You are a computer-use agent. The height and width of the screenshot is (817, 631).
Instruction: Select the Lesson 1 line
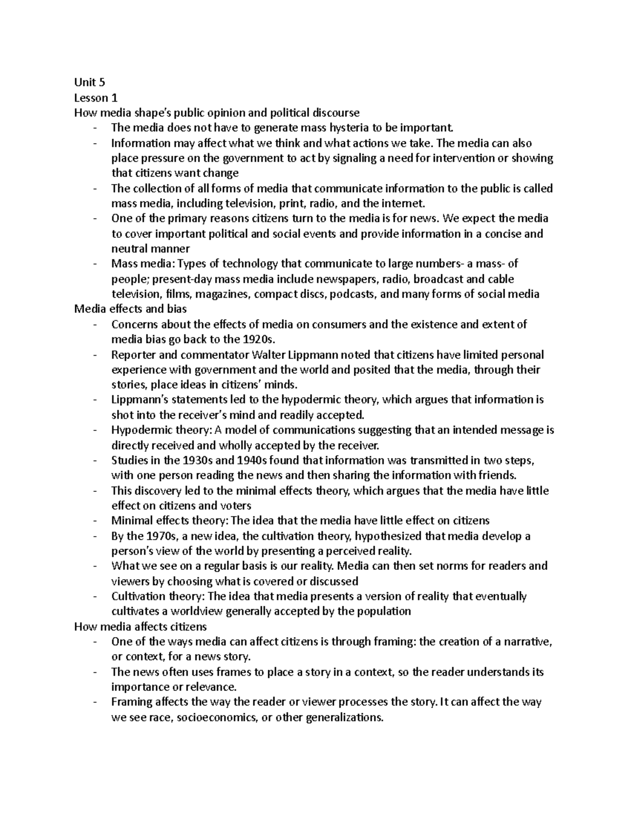click(95, 97)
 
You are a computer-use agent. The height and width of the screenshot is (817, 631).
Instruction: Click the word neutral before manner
click(130, 248)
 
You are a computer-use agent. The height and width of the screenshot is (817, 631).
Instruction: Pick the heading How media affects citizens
click(140, 627)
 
